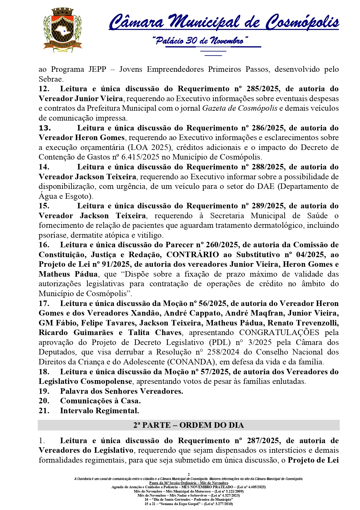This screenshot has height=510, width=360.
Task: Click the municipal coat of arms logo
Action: pyautogui.click(x=63, y=31)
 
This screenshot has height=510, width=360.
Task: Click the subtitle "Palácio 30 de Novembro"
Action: pyautogui.click(x=200, y=41)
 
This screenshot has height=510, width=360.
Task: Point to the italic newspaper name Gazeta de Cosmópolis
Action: pyautogui.click(x=240, y=108)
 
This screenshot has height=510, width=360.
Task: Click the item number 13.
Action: pyautogui.click(x=45, y=128)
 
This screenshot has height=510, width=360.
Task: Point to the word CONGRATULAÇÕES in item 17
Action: pyautogui.click(x=279, y=333)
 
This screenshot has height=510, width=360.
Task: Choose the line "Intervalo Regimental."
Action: pyautogui.click(x=99, y=411)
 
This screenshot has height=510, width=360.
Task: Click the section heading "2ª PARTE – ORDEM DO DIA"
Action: pyautogui.click(x=188, y=425)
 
